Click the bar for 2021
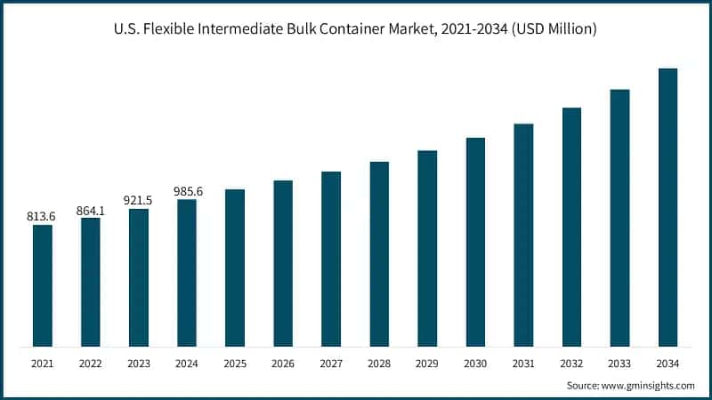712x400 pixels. pos(43,285)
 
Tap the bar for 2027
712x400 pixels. pos(331,259)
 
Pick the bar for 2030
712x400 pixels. pos(475,242)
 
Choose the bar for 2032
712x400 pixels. pos(571,227)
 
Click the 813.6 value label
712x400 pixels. pos(43,215)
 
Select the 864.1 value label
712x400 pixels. pos(91,209)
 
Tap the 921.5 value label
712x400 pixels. pos(139,200)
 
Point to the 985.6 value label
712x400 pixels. pos(187,190)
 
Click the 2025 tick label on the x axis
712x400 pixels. pos(235,364)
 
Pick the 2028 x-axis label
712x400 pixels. pos(379,364)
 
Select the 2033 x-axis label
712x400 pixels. pos(619,364)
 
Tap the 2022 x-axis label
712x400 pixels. pos(91,364)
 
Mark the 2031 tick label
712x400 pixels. pos(523,364)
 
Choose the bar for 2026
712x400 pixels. pos(283,263)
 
